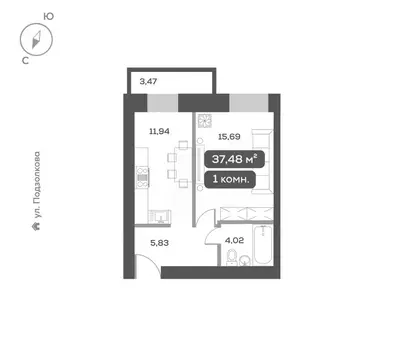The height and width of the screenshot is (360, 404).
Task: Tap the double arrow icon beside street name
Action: coord(36,227)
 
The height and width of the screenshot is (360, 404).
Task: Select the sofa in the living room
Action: coord(262,160)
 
